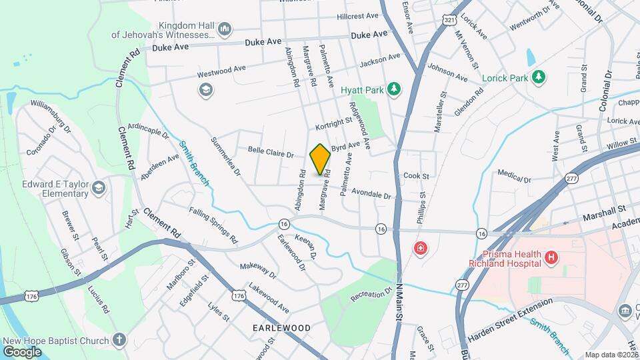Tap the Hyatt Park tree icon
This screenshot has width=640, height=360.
(394, 89)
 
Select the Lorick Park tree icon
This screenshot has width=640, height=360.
(538, 78)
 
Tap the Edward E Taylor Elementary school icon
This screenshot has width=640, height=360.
(99, 189)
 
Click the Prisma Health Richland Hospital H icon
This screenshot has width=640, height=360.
(551, 257)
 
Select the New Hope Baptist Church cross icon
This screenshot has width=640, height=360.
(119, 341)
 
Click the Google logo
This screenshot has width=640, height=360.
(22, 351)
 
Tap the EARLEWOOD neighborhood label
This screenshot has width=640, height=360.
(281, 328)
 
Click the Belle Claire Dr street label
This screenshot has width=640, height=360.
(271, 152)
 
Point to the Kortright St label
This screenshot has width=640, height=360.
(333, 123)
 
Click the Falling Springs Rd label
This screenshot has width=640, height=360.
(213, 223)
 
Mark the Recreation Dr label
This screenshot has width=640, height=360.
(373, 293)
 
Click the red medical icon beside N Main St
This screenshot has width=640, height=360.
(421, 249)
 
